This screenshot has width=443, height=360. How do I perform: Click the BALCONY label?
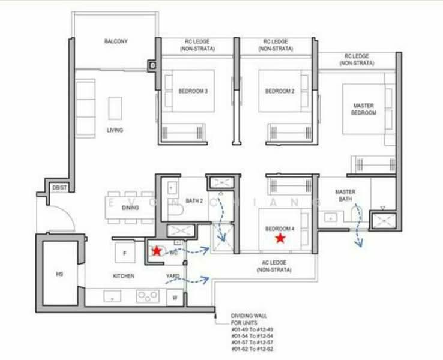tap(116, 41)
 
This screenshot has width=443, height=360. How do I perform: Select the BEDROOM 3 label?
tap(193, 91)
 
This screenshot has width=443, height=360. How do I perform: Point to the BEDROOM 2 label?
tap(280, 91)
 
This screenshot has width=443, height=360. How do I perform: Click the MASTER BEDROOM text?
tap(363, 109)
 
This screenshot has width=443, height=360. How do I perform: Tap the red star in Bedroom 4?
tap(280, 238)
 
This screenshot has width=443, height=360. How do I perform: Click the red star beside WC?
tap(157, 251)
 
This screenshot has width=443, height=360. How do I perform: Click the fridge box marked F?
tap(124, 253)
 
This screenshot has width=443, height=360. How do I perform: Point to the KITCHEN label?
tap(124, 276)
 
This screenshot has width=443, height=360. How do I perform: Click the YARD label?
tap(173, 276)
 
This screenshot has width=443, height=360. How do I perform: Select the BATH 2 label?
tap(194, 200)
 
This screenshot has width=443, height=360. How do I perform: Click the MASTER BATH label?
tap(345, 196)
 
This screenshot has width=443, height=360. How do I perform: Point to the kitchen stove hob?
tap(148, 296)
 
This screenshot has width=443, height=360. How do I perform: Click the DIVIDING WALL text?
tap(249, 316)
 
